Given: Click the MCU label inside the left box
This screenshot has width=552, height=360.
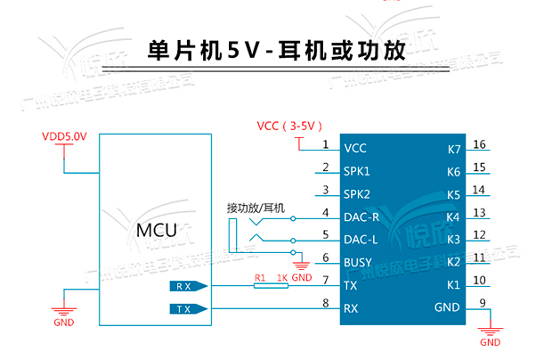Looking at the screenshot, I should click(156, 230).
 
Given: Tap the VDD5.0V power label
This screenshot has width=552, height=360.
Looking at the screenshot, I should click(64, 136).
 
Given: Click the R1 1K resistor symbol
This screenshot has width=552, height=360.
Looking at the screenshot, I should click(270, 286).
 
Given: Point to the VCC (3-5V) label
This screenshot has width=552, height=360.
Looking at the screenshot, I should click(288, 126).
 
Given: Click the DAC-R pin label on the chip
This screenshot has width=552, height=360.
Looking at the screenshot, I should click(362, 217).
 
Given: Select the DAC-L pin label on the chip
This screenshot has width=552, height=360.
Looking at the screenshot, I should click(362, 239).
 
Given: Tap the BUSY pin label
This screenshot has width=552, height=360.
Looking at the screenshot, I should click(360, 262).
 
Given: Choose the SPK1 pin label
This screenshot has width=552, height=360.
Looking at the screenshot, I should click(357, 170).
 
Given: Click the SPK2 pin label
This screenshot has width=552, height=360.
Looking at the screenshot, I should click(357, 193).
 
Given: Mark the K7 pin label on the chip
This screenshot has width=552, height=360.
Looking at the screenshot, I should click(453, 149).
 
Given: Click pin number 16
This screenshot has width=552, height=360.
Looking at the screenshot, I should click(479, 144).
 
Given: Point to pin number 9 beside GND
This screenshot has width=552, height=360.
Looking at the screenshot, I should click(482, 303).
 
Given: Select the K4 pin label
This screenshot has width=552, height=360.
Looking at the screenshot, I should click(453, 217).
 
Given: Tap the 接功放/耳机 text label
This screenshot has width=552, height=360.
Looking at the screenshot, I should click(256, 208).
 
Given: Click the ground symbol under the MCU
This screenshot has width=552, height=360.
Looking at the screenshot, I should click(63, 310).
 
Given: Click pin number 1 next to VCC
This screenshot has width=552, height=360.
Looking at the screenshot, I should click(326, 144).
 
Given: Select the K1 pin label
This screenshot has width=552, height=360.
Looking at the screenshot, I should click(453, 285).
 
